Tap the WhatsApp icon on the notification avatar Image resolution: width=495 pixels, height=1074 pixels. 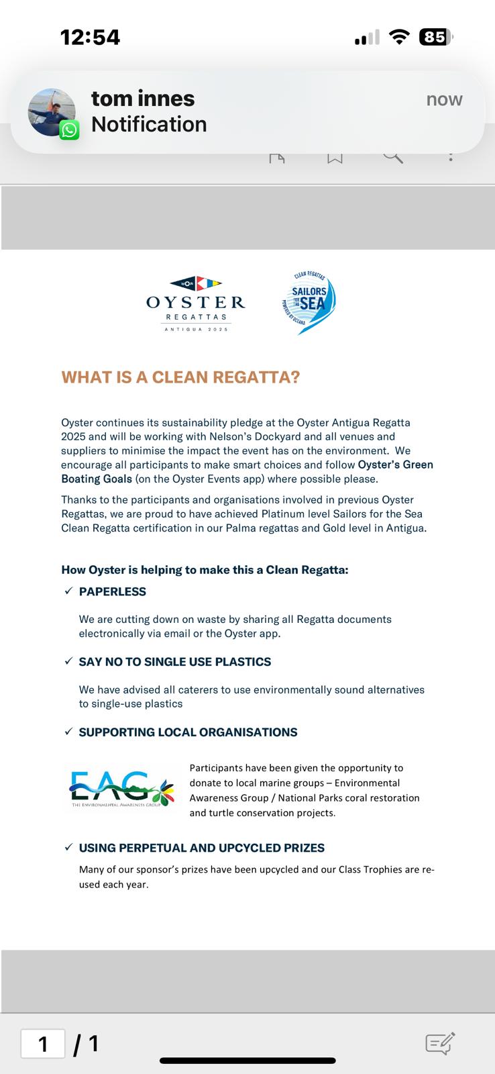(x=69, y=130)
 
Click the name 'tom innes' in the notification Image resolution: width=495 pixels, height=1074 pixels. (x=143, y=99)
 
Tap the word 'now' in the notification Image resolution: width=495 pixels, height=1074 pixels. (x=444, y=99)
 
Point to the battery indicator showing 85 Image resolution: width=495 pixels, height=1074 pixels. (x=435, y=37)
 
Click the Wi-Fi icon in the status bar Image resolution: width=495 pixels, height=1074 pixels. (x=399, y=37)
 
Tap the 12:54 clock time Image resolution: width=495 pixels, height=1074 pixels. (x=91, y=37)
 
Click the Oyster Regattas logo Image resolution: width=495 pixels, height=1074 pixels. (x=196, y=303)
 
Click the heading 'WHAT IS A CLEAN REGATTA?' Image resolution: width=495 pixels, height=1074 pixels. (x=180, y=377)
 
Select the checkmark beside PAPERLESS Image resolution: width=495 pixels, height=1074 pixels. (x=68, y=591)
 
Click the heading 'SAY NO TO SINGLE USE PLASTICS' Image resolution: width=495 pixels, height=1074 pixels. (x=175, y=662)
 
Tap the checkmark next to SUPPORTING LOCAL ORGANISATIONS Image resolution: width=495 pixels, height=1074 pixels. (x=68, y=732)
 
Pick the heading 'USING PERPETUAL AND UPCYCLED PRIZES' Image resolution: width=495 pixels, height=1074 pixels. (x=202, y=848)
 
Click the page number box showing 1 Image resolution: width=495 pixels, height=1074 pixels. (x=44, y=1044)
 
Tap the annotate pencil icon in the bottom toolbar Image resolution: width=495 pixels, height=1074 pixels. (x=440, y=1043)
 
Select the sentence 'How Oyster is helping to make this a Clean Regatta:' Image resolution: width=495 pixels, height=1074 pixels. (x=205, y=570)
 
